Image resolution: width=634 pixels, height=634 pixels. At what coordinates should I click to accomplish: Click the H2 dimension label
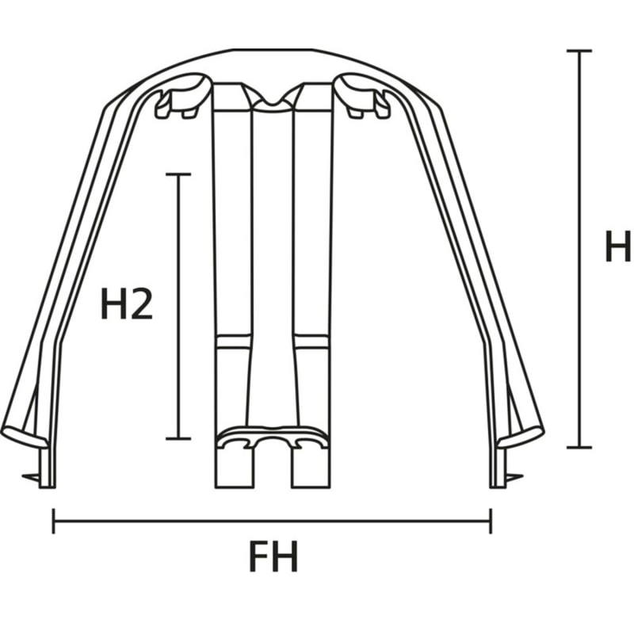pyautogui.click(x=127, y=304)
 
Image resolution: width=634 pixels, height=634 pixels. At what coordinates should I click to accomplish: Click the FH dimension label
pyautogui.click(x=273, y=556)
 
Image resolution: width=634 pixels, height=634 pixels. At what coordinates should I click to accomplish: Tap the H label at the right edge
pyautogui.click(x=618, y=246)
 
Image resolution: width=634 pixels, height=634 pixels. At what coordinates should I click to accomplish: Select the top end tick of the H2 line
pyautogui.click(x=178, y=174)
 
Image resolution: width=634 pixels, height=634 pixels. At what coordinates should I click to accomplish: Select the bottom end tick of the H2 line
pyautogui.click(x=178, y=438)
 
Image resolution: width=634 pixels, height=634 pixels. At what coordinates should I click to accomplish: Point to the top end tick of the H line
pyautogui.click(x=579, y=51)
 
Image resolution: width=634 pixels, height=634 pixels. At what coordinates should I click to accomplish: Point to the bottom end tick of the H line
pyautogui.click(x=579, y=447)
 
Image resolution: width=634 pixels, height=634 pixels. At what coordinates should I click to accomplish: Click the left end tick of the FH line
pyautogui.click(x=53, y=521)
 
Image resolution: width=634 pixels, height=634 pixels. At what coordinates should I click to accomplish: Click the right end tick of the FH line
pyautogui.click(x=491, y=521)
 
